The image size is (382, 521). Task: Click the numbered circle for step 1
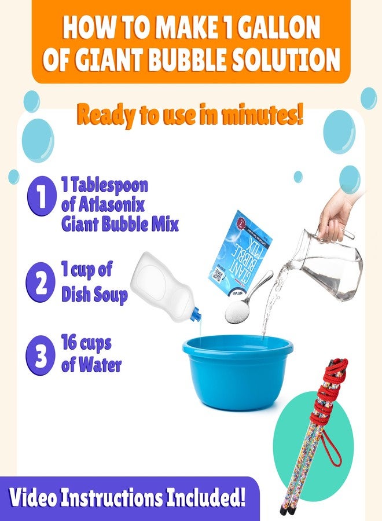click(41, 197)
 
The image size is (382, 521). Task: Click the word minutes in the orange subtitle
click(255, 116)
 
